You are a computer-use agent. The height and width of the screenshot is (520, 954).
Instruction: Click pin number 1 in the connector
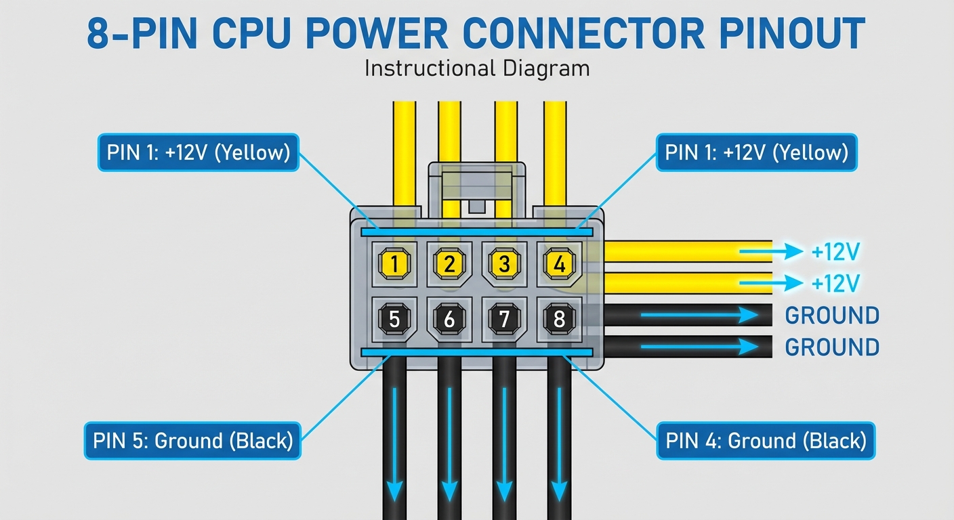coord(394,263)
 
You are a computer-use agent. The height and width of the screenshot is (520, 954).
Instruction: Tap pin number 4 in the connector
coord(559,263)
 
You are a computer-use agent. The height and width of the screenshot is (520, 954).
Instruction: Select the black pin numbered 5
coord(394,318)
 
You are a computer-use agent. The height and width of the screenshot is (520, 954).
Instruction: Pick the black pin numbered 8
coord(559,318)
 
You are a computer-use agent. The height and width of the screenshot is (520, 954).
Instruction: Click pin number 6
coord(449,318)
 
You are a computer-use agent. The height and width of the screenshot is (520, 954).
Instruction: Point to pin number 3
coord(503,263)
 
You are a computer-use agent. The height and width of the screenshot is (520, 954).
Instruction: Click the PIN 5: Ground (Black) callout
coord(192,441)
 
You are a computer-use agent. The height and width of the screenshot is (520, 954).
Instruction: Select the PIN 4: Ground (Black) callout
coord(766,441)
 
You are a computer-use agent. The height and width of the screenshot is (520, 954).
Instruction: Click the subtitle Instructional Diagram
coord(476,68)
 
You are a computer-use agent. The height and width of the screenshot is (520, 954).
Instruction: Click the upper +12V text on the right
coord(835,253)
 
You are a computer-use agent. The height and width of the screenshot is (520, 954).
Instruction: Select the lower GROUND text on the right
coord(831,347)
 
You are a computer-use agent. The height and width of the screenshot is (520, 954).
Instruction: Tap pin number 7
coord(503,318)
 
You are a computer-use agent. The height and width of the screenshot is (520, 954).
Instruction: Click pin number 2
coord(449,263)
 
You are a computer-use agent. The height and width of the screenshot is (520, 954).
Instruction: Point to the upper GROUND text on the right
coord(831,315)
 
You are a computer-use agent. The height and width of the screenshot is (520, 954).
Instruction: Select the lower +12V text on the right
coord(835,282)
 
